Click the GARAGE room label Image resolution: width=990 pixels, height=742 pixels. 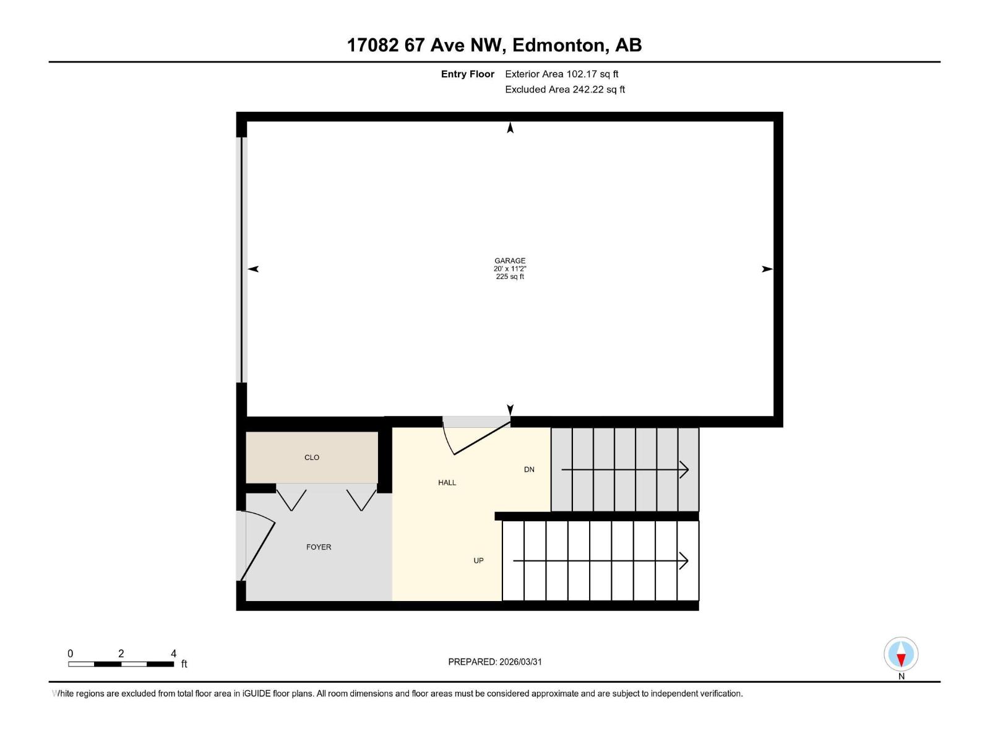click(x=510, y=261)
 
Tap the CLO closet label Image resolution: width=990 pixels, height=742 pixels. click(x=312, y=458)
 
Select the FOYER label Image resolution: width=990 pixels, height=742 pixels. click(x=319, y=547)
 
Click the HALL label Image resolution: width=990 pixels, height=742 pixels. click(x=447, y=483)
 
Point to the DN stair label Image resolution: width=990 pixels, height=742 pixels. click(x=529, y=470)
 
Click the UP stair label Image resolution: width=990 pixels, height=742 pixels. click(x=478, y=561)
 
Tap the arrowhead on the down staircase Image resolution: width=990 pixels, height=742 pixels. click(x=684, y=470)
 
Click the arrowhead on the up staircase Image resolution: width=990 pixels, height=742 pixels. click(x=684, y=561)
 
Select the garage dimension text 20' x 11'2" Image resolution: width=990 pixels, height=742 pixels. click(x=510, y=269)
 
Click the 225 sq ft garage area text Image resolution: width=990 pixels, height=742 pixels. click(x=510, y=277)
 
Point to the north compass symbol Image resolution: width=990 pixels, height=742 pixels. click(x=901, y=654)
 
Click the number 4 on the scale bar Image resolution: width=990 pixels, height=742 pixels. click(x=173, y=654)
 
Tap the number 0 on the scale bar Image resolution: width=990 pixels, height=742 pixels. click(x=71, y=654)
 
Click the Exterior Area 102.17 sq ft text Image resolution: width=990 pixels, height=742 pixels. click(x=561, y=74)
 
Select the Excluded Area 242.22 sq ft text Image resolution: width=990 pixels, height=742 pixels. click(x=564, y=90)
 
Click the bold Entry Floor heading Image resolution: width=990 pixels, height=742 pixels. click(x=467, y=74)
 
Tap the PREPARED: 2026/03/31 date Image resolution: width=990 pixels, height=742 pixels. click(x=495, y=662)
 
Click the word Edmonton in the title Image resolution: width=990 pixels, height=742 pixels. click(x=559, y=45)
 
